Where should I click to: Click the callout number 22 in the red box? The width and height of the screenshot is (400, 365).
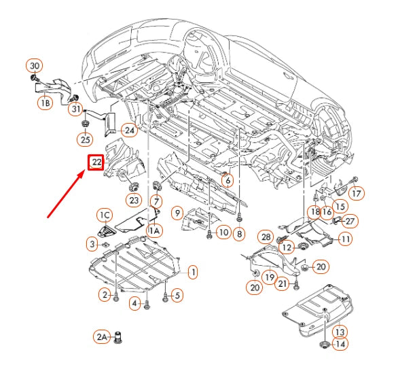(96, 162)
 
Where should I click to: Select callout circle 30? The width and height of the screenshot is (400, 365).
(35, 66)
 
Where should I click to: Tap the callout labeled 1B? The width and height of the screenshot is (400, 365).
(44, 103)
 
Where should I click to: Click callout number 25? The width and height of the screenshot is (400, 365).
(85, 139)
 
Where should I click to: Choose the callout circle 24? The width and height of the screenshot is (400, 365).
(129, 130)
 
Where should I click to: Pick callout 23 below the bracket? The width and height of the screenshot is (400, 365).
(133, 200)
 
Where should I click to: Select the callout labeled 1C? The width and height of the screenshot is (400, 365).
(104, 215)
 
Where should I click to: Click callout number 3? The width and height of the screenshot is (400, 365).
(92, 243)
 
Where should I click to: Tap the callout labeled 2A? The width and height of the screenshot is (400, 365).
(102, 336)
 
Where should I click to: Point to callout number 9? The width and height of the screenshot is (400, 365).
(176, 214)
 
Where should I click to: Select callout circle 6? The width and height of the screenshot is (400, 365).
(227, 181)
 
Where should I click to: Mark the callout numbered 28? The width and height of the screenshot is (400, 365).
(265, 236)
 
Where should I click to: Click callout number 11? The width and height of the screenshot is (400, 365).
(346, 239)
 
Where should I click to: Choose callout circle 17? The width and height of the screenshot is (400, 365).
(357, 192)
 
